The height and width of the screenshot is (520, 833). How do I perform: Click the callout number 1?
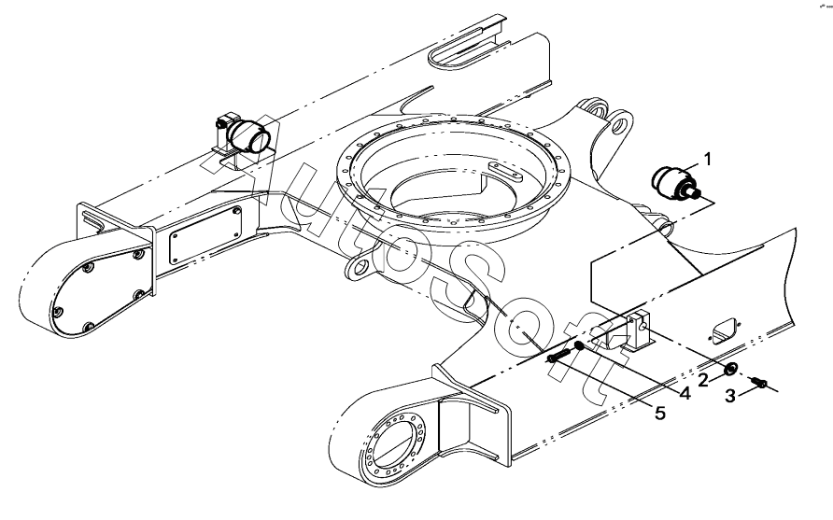click(x=708, y=159)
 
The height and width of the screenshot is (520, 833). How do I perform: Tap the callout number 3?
click(x=733, y=396)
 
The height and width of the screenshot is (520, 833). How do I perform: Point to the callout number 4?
click(x=684, y=394)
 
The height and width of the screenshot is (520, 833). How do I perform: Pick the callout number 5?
click(x=659, y=413)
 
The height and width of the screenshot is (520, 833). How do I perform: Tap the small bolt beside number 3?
click(x=760, y=383)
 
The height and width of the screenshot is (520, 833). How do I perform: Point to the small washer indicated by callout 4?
click(x=579, y=346)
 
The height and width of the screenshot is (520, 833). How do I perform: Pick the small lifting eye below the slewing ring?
click(x=358, y=271)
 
